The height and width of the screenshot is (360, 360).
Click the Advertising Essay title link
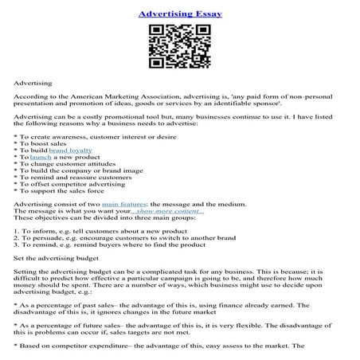[x=179, y=14]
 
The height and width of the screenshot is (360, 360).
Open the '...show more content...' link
[x=174, y=211]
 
